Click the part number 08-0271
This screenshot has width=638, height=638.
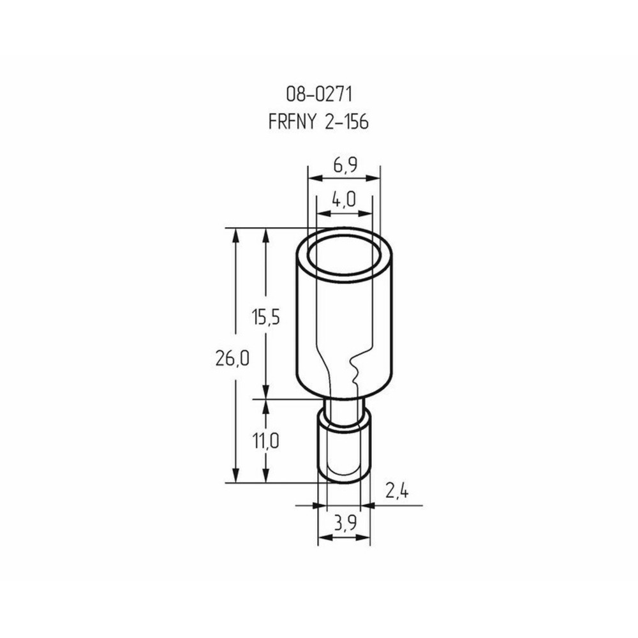pos(318,94)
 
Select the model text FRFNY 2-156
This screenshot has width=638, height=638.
pos(318,121)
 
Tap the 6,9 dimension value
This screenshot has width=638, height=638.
pos(345,165)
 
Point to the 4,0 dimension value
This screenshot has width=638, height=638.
pos(344,199)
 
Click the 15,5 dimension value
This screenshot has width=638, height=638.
pos(265,316)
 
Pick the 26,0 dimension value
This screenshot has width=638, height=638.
pos(232,359)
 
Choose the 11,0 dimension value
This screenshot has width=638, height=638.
pos(265,441)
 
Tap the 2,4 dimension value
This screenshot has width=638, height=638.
pos(397,491)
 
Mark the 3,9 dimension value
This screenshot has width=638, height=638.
pos(345,523)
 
